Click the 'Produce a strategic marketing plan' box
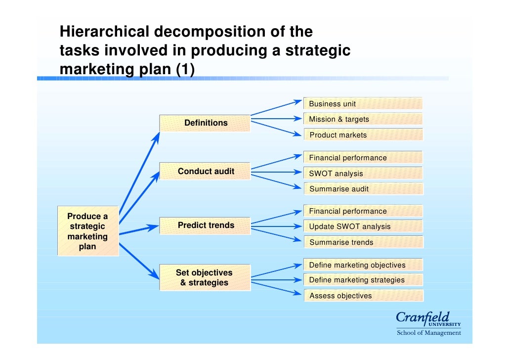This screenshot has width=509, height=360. (87, 231)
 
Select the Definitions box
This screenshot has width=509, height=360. (205, 123)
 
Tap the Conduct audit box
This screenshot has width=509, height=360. (205, 172)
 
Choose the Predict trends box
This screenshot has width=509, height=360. (205, 225)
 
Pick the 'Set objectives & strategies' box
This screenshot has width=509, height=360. (204, 277)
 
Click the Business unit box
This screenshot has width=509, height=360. (363, 103)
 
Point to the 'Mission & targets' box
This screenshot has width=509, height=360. (363, 119)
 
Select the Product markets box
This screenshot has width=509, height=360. (363, 135)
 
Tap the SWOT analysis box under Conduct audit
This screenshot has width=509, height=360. (363, 174)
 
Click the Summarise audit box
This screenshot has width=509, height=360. (363, 189)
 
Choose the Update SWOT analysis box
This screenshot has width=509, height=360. (363, 226)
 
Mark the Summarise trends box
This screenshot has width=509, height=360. (363, 242)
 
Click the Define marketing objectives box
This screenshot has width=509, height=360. (363, 265)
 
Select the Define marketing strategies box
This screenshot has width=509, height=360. (363, 280)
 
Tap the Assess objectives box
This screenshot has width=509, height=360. (363, 296)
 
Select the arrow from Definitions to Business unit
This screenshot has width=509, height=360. (276, 108)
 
